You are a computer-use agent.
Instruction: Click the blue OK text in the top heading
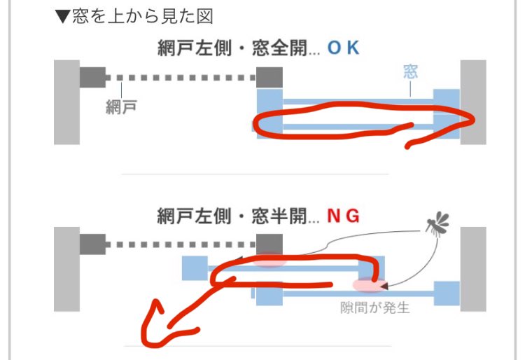tap(343, 48)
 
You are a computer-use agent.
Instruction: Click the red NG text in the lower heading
tap(343, 216)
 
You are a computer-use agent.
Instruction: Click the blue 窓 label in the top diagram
tap(411, 72)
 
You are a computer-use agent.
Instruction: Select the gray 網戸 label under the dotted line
tap(121, 107)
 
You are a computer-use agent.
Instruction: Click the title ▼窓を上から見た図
tap(134, 15)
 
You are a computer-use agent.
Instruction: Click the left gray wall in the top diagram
tap(66, 102)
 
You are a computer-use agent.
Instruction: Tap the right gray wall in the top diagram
tap(472, 102)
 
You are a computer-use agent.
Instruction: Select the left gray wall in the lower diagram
tap(66, 268)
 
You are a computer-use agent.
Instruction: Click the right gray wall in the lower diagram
tap(472, 268)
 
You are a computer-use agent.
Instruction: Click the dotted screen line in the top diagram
tap(182, 77)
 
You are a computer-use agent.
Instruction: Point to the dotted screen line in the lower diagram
tap(182, 244)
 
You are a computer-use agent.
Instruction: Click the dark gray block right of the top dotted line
tap(269, 77)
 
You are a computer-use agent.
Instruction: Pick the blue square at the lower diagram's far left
tap(195, 268)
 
